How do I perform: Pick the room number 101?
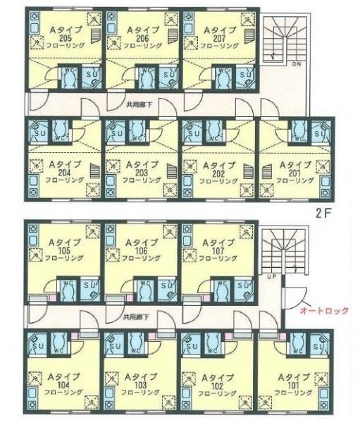tap(290, 385)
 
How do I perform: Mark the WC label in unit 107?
tap(223, 285)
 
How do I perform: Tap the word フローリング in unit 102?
tap(213, 393)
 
